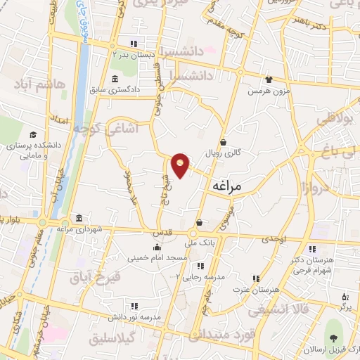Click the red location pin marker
[181, 165]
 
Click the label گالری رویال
[223, 152]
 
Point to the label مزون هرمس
[267, 91]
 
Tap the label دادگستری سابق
[115, 90]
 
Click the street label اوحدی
[274, 239]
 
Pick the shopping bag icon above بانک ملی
[199, 223]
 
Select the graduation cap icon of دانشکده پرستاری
[33, 134]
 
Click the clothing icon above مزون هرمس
[268, 79]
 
